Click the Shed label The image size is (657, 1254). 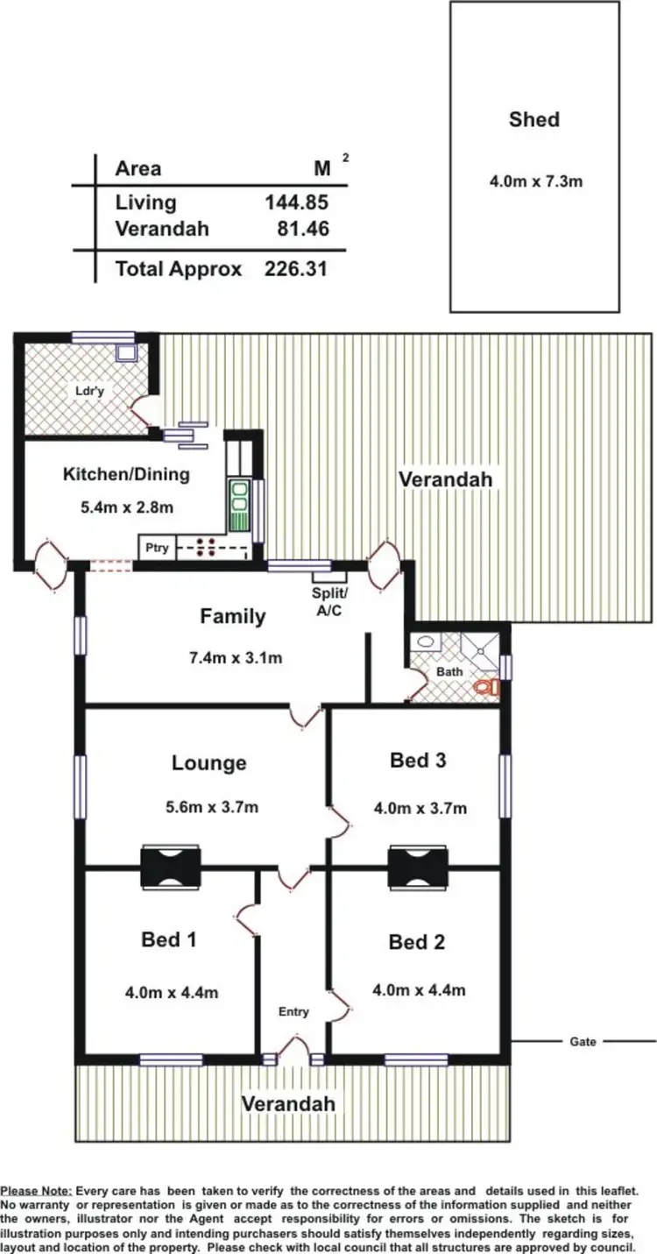click(533, 119)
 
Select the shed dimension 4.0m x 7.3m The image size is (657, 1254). click(535, 182)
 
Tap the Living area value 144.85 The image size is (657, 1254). click(296, 202)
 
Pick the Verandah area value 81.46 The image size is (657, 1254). click(303, 230)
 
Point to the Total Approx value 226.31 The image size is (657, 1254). click(296, 269)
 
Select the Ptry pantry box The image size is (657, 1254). click(157, 549)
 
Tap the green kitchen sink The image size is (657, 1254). click(239, 506)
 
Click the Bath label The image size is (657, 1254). click(449, 672)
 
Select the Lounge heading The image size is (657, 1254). click(208, 763)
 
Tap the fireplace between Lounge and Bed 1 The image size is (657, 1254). click(171, 867)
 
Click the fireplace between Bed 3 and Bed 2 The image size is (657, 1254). click(418, 867)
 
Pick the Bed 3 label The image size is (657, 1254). click(418, 761)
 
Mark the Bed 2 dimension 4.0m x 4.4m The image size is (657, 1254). click(418, 991)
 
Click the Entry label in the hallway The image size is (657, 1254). click(293, 1011)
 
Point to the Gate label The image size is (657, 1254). click(583, 1042)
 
